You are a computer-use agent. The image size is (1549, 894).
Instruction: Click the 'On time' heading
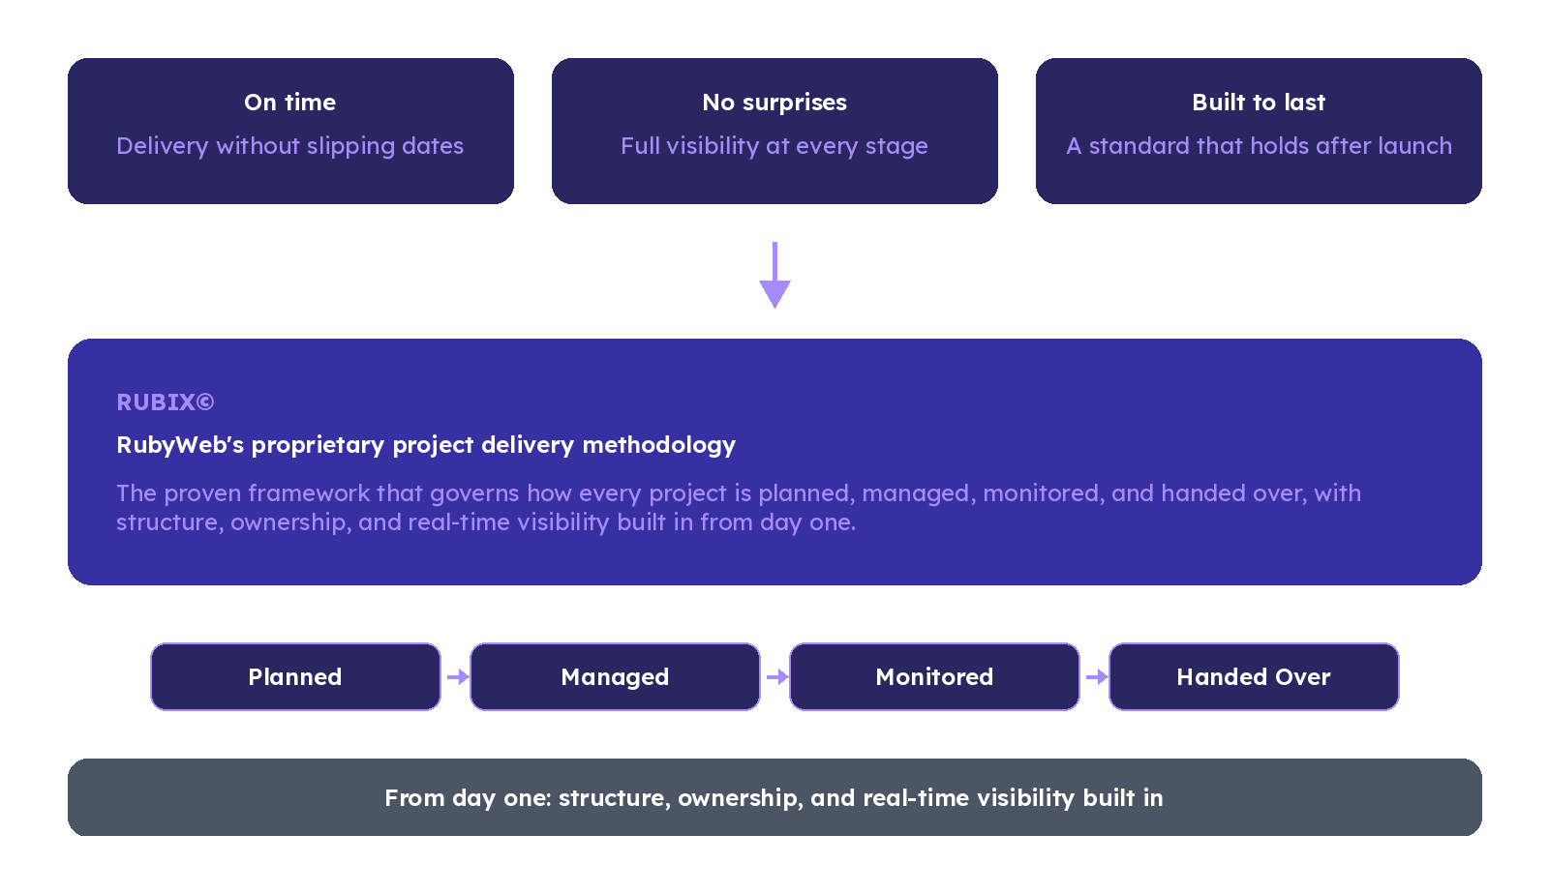pyautogui.click(x=289, y=103)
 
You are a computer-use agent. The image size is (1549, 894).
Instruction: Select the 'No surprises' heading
pyautogui.click(x=774, y=103)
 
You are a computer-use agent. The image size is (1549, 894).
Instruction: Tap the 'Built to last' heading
pyautogui.click(x=1259, y=103)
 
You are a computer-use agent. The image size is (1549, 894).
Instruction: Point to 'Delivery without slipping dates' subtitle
pyautogui.click(x=289, y=146)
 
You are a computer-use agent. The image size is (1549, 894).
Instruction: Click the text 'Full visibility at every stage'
pyautogui.click(x=774, y=146)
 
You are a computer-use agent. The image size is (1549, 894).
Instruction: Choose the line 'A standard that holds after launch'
pyautogui.click(x=1259, y=146)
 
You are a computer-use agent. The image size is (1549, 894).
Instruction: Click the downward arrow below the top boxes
pyautogui.click(x=774, y=275)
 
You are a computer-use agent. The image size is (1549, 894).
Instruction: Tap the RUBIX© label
pyautogui.click(x=166, y=402)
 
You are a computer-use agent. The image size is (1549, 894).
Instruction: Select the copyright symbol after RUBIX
pyautogui.click(x=205, y=402)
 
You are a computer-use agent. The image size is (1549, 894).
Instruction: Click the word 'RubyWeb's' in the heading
pyautogui.click(x=180, y=445)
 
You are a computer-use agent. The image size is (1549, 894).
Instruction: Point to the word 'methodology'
pyautogui.click(x=659, y=445)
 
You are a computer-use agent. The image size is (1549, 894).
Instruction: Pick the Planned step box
pyautogui.click(x=295, y=677)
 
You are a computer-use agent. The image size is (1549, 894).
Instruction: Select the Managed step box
pyautogui.click(x=615, y=677)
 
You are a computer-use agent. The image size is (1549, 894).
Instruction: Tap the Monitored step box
pyautogui.click(x=934, y=677)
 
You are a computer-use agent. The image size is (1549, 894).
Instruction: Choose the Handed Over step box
pyautogui.click(x=1254, y=677)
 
